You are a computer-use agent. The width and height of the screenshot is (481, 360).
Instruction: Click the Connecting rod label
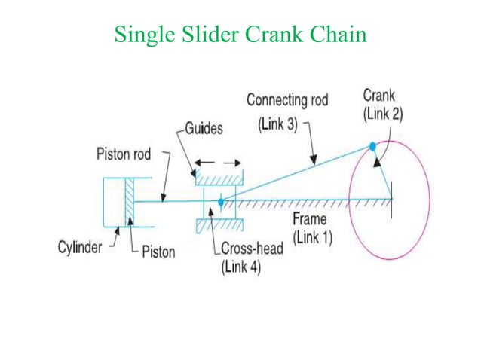(x=287, y=100)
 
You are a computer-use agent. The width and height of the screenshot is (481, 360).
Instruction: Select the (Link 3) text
(x=279, y=124)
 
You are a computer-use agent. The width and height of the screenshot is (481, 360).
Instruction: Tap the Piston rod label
(x=124, y=154)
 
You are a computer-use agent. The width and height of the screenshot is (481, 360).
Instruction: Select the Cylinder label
(x=80, y=248)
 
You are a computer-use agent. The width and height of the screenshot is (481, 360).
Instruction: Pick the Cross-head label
(x=252, y=249)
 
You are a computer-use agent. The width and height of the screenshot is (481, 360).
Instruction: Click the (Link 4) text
(x=240, y=267)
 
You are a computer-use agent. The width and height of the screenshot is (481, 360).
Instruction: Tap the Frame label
(x=310, y=219)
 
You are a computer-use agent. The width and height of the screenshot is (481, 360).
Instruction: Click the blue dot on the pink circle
(x=372, y=147)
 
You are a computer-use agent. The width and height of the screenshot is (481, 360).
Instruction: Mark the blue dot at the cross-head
(x=220, y=201)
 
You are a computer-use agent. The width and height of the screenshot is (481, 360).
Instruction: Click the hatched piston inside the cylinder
(x=130, y=201)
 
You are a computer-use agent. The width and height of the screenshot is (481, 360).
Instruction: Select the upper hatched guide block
(x=219, y=178)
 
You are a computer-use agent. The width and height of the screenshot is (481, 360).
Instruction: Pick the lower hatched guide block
(x=219, y=225)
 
